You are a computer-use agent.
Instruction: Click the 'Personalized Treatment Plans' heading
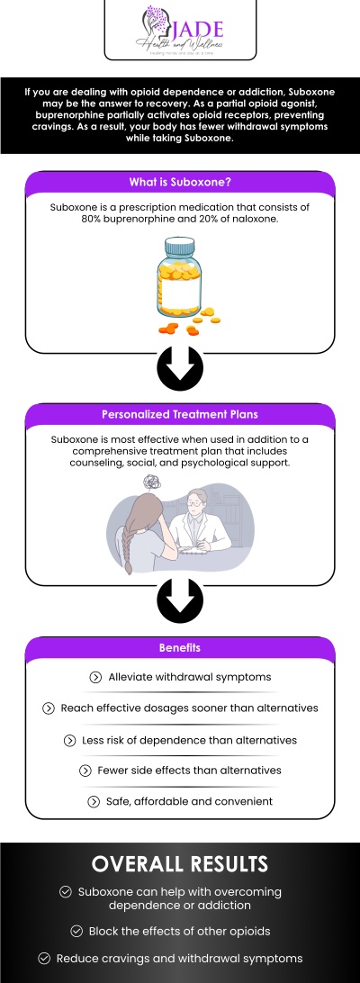click(x=180, y=415)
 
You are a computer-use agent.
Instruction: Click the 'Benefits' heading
click(x=180, y=647)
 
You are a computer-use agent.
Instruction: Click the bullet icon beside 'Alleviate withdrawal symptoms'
click(x=95, y=677)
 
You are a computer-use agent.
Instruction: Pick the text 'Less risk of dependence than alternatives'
click(x=188, y=740)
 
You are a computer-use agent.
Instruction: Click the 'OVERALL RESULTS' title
click(x=180, y=864)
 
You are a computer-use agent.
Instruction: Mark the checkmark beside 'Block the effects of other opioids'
click(x=76, y=932)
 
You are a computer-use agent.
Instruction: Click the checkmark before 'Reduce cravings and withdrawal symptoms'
click(x=45, y=958)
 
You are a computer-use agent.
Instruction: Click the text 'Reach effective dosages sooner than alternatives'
click(x=189, y=708)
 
